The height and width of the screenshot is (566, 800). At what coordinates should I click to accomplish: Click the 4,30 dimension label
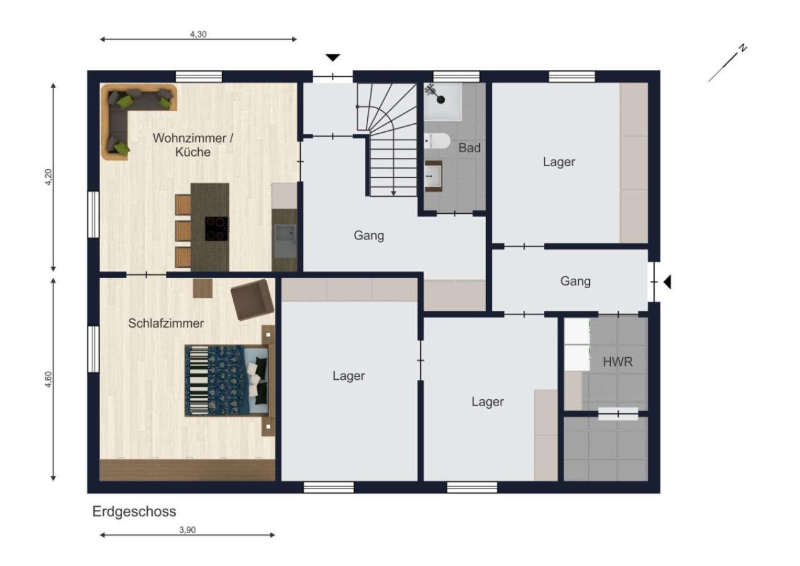tap(198, 35)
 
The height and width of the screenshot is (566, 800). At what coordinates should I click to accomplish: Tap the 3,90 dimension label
tap(187, 530)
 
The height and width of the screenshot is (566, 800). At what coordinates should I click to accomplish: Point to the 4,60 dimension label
tap(48, 379)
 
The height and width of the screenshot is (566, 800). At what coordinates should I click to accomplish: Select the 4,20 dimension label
tap(48, 177)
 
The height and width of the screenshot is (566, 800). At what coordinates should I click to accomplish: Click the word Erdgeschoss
tap(135, 512)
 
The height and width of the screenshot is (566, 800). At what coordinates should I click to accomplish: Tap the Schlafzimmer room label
tap(166, 323)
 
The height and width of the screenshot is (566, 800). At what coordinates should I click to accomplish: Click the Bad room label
tap(469, 148)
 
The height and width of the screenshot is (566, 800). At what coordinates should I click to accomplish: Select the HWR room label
tap(618, 362)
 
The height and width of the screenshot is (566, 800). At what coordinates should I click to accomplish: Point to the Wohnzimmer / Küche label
tap(193, 145)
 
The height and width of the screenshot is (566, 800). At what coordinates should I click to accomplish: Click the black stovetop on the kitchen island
tap(217, 229)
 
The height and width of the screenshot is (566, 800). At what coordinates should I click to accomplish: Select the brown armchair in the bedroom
tap(251, 299)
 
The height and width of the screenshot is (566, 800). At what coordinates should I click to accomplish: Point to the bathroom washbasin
tap(433, 176)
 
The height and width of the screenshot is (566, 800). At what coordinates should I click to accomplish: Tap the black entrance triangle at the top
tap(333, 58)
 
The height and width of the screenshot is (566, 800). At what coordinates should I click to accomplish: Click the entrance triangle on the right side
tap(667, 282)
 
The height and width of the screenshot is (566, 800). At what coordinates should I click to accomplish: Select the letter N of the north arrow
tap(743, 48)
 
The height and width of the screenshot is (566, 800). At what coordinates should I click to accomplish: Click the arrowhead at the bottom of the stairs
tap(393, 193)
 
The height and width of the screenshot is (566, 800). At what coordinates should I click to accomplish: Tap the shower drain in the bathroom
tap(441, 99)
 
